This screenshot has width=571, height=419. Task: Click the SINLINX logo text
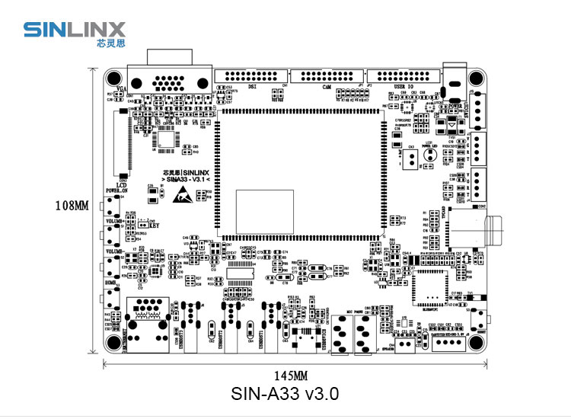coord(70,29)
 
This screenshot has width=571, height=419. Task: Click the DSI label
coord(253,86)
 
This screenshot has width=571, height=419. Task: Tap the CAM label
coord(325,86)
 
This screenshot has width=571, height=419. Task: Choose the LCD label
coord(120,184)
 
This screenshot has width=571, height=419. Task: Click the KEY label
coord(154,225)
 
